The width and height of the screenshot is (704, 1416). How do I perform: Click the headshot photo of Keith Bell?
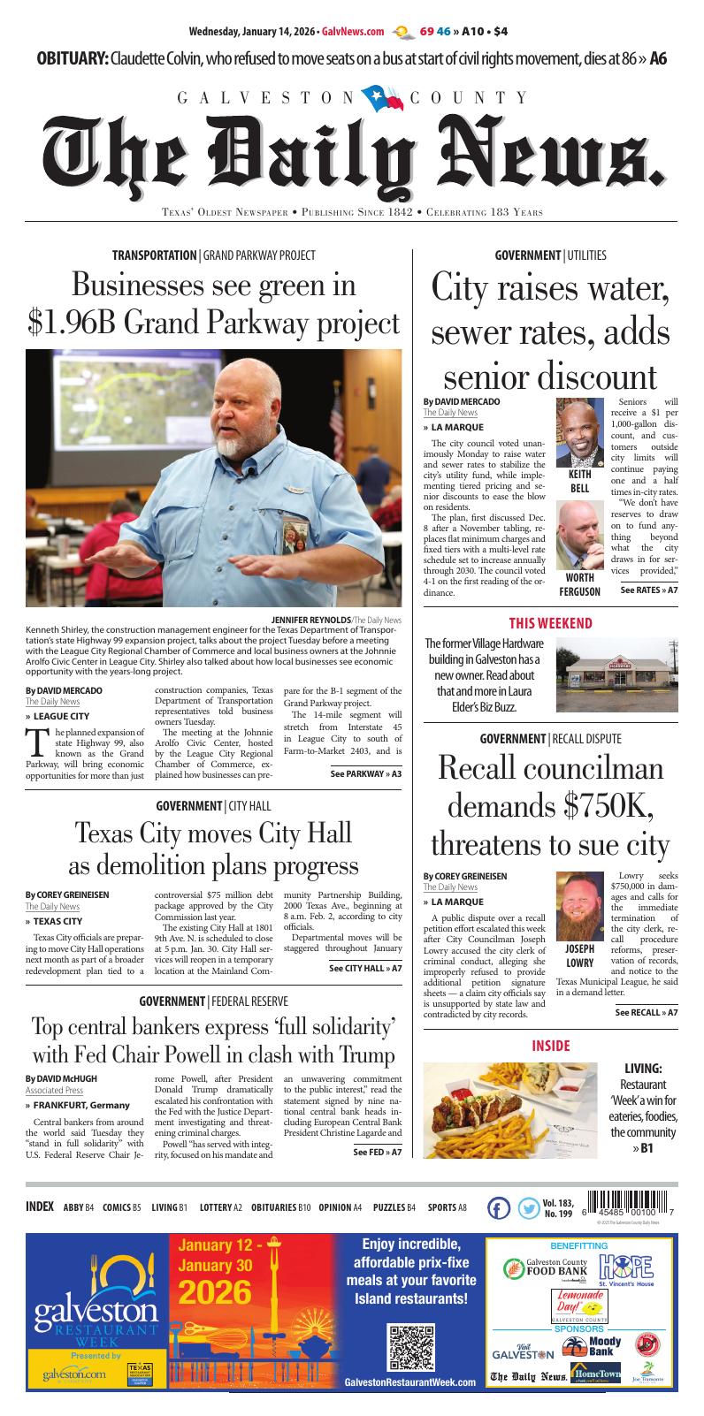click(579, 433)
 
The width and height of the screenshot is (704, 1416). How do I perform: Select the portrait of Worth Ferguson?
click(579, 536)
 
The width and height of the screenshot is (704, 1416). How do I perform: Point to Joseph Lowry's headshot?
click(579, 905)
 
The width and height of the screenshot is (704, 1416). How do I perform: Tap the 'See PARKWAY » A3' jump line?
click(365, 773)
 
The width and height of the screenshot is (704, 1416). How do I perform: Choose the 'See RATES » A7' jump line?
click(648, 590)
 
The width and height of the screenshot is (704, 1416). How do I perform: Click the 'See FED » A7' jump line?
click(377, 1152)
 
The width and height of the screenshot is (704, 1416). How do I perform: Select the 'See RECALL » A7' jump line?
click(646, 1012)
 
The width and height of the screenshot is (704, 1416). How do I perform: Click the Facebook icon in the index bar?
click(499, 1209)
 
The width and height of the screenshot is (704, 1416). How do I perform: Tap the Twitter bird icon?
click(528, 1209)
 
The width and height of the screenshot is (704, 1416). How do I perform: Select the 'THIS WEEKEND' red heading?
click(550, 623)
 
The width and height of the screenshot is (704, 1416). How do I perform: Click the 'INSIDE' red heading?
click(550, 1046)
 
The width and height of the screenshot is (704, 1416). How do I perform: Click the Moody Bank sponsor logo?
click(604, 1345)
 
